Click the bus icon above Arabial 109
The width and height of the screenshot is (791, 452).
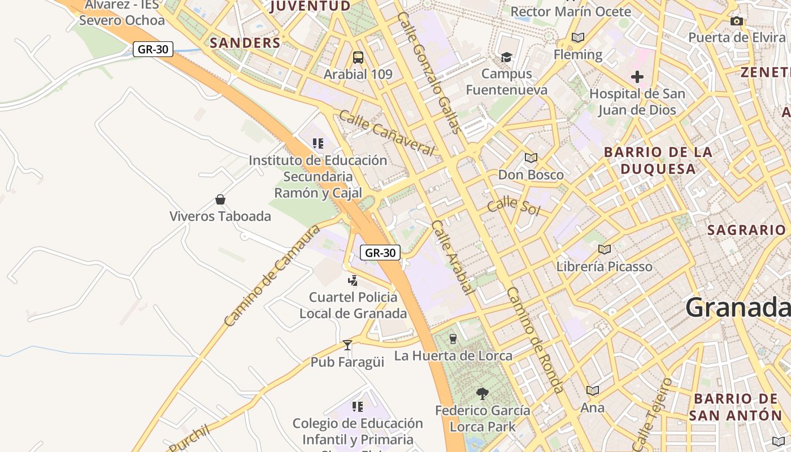358,57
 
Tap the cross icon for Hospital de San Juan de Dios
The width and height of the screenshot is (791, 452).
637,76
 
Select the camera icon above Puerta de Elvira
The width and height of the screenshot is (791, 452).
736,21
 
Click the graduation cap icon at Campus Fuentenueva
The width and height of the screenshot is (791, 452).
506,57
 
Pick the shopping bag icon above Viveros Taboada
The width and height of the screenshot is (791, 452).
220,199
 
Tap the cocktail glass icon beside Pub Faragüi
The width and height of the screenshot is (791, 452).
347,345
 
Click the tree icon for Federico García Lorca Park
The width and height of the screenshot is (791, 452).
482,393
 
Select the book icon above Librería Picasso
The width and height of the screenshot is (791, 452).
605,249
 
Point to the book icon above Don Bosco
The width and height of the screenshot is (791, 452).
531,158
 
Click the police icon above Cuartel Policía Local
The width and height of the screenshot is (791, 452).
353,280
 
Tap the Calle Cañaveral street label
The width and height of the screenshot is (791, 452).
387,133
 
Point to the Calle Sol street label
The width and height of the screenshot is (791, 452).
514,206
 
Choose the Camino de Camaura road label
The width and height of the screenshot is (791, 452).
272,276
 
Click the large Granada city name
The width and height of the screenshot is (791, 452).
737,308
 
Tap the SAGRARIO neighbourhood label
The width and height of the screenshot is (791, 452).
746,230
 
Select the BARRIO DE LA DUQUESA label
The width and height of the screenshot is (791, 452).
658,160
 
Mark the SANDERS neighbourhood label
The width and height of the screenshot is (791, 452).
245,43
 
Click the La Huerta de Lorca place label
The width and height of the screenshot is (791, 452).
453,355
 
